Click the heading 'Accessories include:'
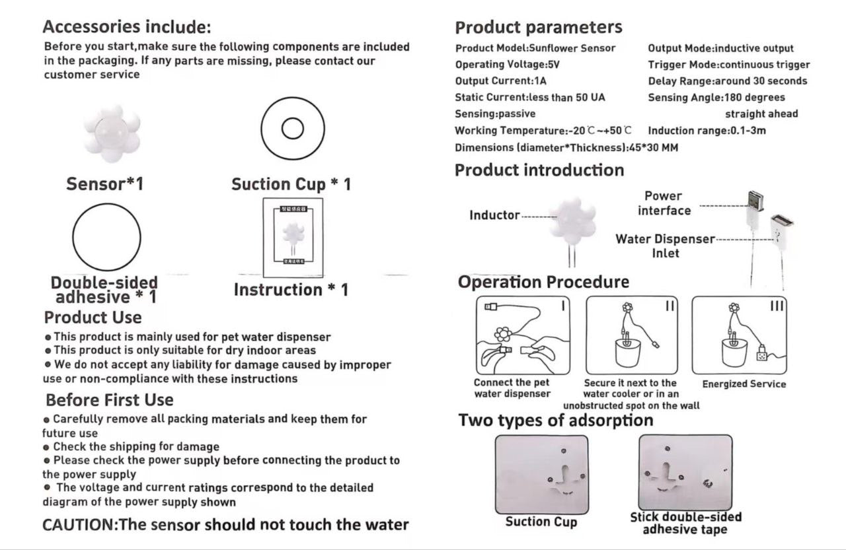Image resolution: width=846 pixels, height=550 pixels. [x=127, y=28]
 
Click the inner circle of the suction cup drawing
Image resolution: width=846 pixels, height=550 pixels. [x=292, y=129]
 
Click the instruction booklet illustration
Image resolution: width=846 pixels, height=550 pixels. [x=293, y=238]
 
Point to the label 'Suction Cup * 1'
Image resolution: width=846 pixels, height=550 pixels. [x=291, y=184]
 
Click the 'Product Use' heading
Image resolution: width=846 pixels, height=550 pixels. [x=93, y=318]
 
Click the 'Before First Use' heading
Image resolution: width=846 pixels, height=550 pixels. [x=110, y=400]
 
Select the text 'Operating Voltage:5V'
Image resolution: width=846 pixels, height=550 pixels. [x=508, y=65]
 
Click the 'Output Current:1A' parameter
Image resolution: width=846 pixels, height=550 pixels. [x=501, y=81]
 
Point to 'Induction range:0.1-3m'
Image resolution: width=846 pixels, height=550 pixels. [x=707, y=131]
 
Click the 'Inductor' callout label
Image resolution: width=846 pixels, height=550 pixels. [x=494, y=215]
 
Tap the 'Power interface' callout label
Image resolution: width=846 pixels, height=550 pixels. [x=664, y=203]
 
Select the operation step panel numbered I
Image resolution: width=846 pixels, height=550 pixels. [x=522, y=335]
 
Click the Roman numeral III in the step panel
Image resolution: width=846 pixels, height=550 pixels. [x=777, y=306]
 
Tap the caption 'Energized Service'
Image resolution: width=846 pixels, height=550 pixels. [x=744, y=384]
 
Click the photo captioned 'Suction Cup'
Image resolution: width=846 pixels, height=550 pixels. [x=541, y=475]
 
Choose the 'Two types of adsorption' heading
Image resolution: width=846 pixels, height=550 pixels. [x=555, y=421]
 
